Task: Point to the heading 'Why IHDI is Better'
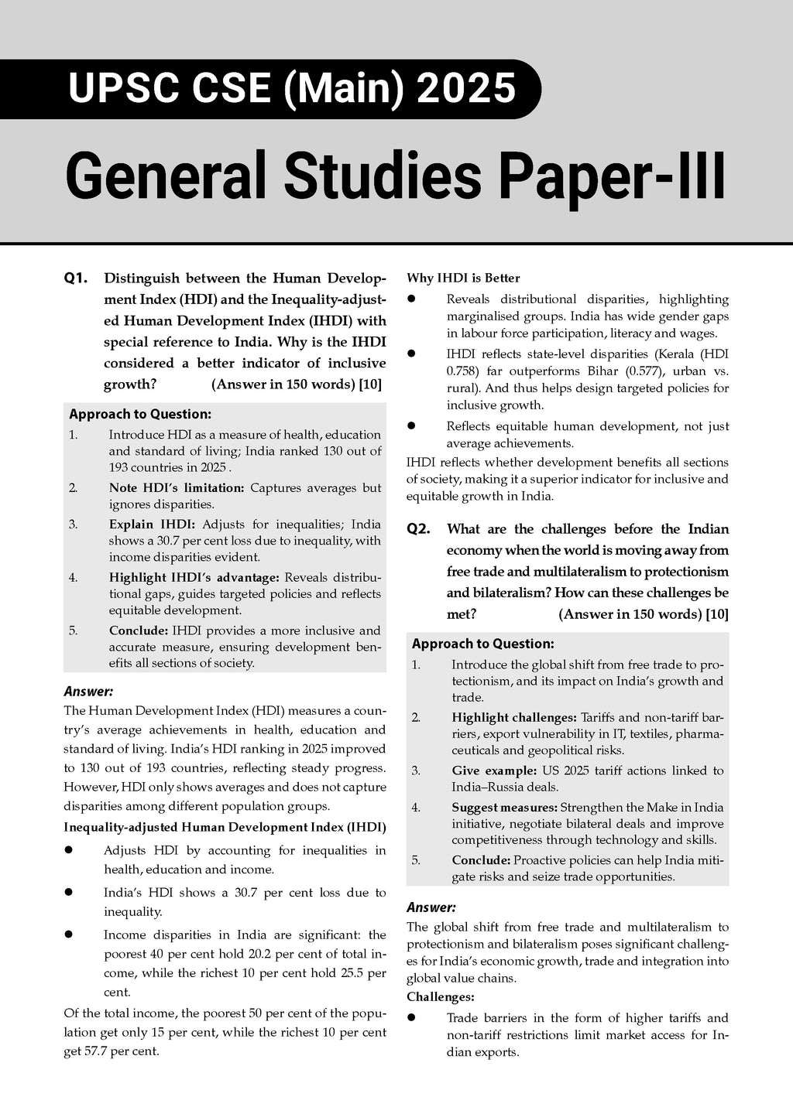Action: [463, 278]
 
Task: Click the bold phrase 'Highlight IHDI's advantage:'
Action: [195, 577]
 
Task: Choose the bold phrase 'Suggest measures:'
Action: [504, 807]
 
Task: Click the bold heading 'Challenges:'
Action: [440, 997]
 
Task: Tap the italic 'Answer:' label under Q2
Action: [431, 907]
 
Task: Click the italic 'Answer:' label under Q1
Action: [88, 691]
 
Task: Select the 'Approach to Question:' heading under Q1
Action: [140, 414]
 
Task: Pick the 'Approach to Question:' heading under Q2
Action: [483, 644]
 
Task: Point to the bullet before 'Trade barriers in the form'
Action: [413, 1018]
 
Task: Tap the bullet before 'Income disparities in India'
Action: [69, 935]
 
